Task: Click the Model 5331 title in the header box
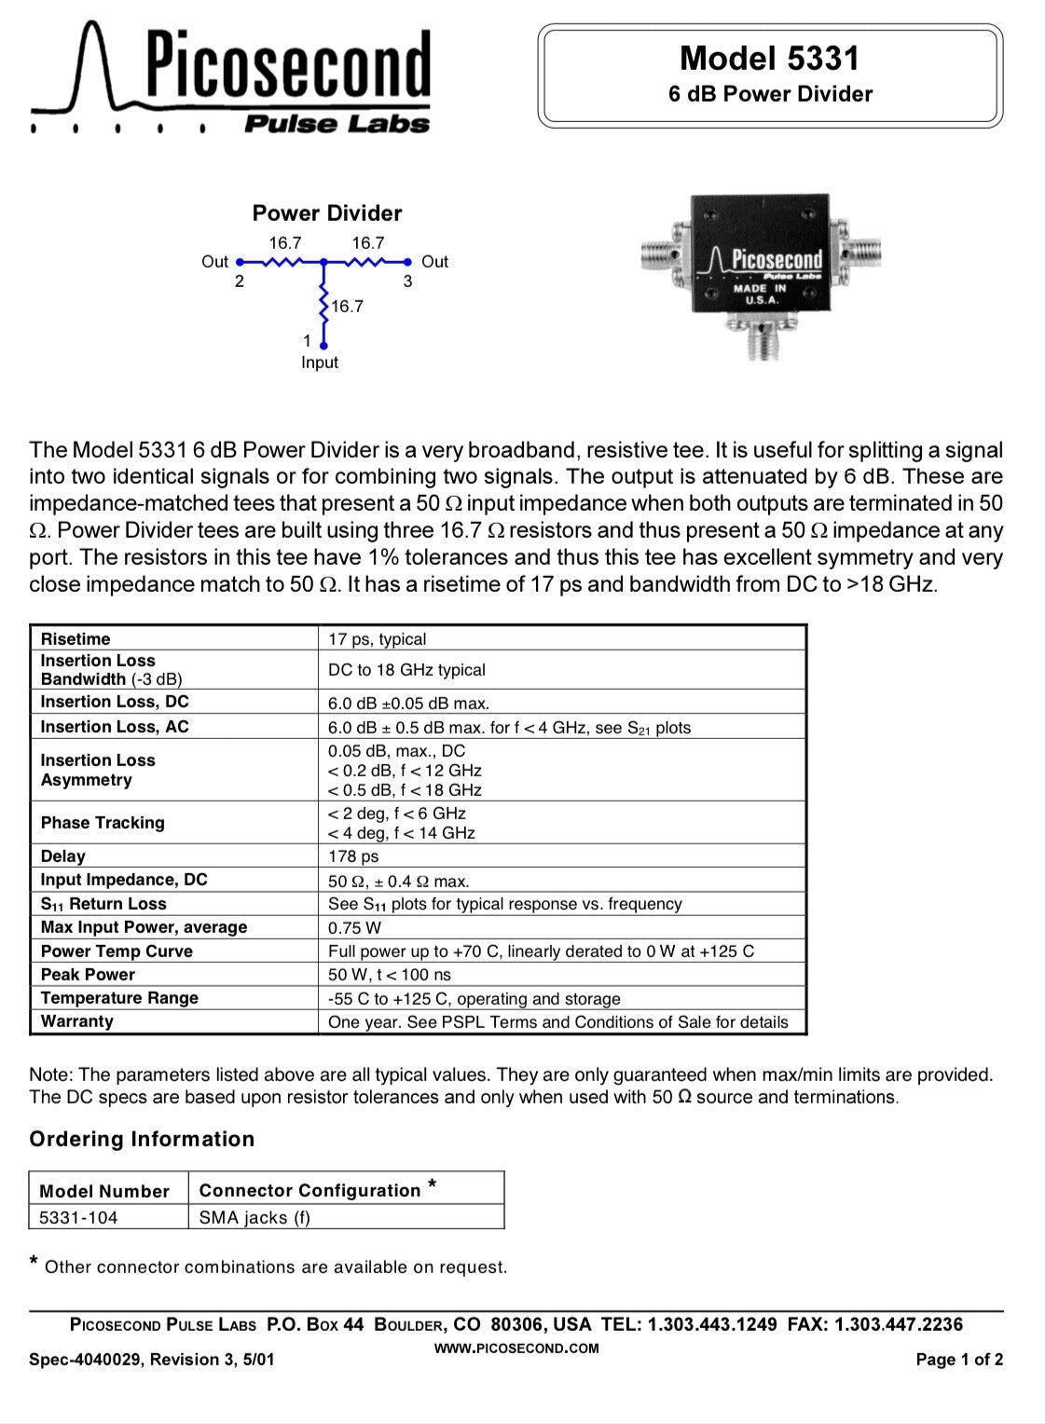[x=769, y=59]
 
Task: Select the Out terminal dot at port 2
[x=240, y=262]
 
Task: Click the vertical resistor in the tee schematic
[x=323, y=305]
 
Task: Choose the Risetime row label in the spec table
[x=76, y=639]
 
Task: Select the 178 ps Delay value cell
[x=354, y=856]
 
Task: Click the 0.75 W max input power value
[x=355, y=928]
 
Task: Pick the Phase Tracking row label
[x=103, y=823]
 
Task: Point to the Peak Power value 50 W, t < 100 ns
[x=390, y=975]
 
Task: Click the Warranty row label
[x=77, y=1021]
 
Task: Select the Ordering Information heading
[x=142, y=1139]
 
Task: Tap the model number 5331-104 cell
[x=79, y=1217]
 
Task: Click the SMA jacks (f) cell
[x=254, y=1217]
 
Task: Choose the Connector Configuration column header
[x=310, y=1190]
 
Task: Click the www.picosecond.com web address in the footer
[x=517, y=1348]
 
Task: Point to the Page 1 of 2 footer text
[x=959, y=1360]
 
